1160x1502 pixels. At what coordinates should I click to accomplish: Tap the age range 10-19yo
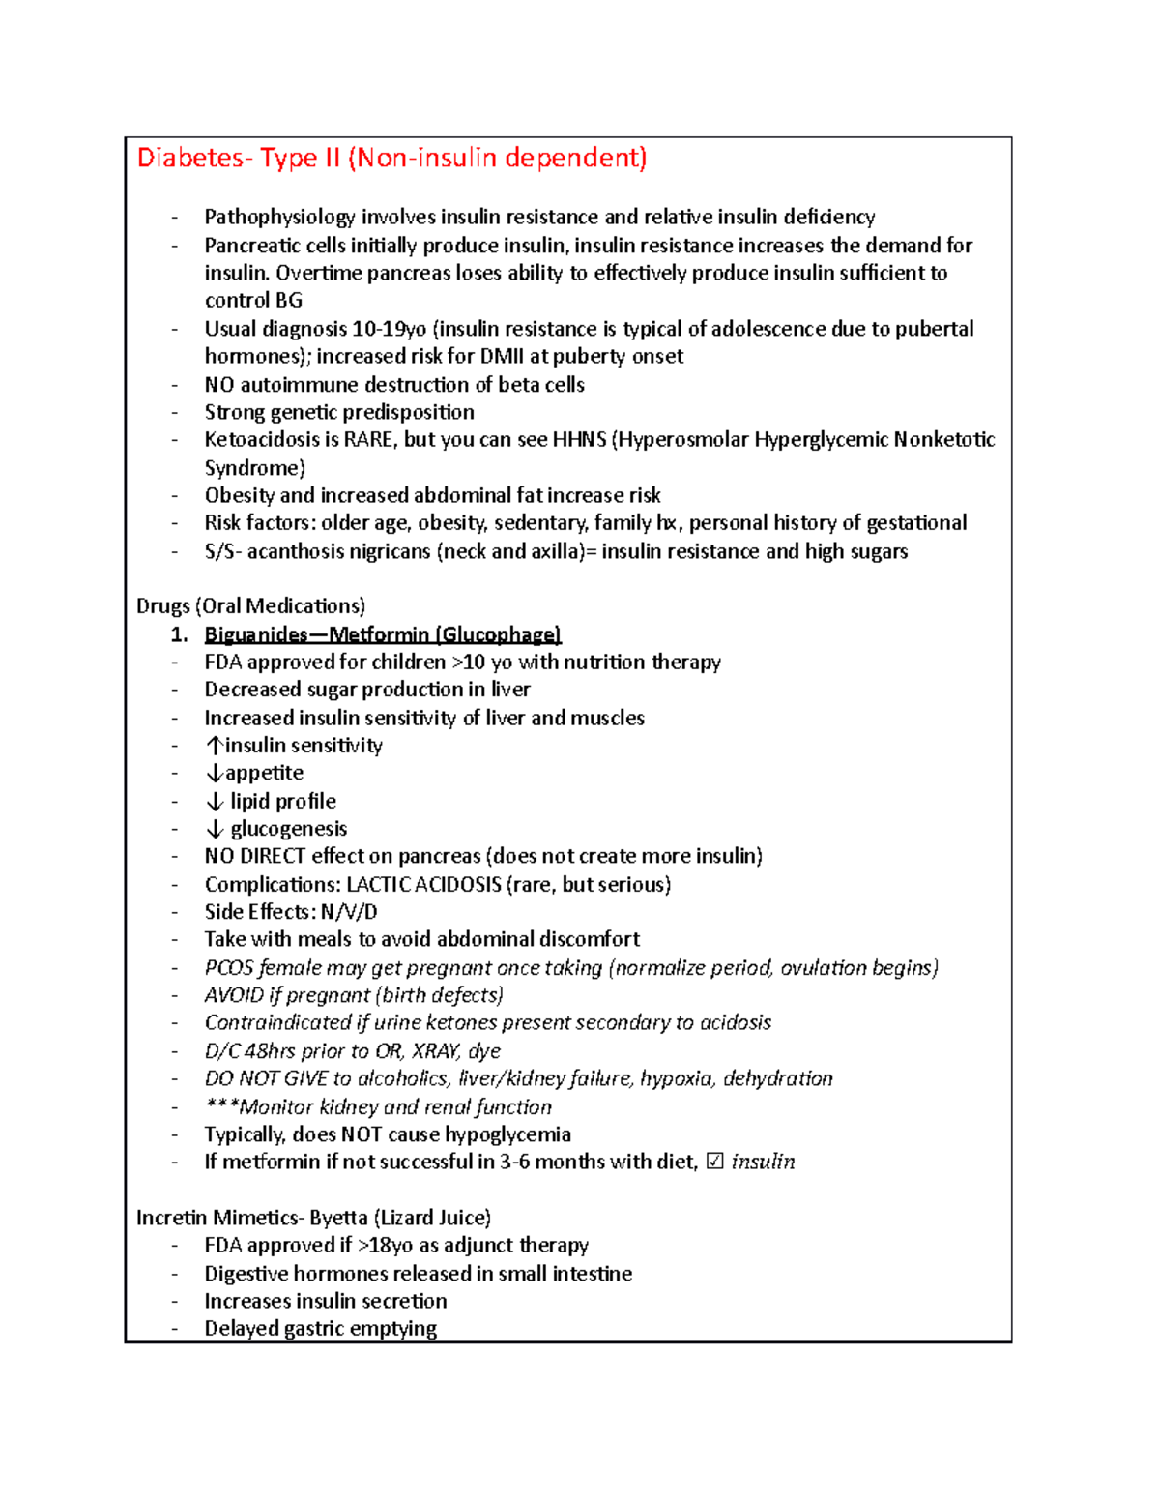click(390, 329)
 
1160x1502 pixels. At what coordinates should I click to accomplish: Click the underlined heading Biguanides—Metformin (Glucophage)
click(382, 634)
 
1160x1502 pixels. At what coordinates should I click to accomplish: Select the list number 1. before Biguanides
click(179, 634)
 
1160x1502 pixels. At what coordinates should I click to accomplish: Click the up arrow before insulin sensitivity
click(214, 746)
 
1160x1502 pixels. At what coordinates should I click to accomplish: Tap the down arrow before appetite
click(214, 774)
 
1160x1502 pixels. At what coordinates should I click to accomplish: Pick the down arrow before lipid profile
click(214, 802)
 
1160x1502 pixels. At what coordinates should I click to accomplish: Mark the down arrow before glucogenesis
click(214, 829)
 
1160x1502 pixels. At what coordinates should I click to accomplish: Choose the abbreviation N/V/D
click(349, 912)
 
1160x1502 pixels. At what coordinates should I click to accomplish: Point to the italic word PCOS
click(229, 968)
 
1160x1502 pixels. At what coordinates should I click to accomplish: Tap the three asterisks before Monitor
click(221, 1106)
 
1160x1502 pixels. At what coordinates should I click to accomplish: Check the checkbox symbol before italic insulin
click(715, 1162)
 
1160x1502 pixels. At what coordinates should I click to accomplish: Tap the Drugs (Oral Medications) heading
click(250, 606)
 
